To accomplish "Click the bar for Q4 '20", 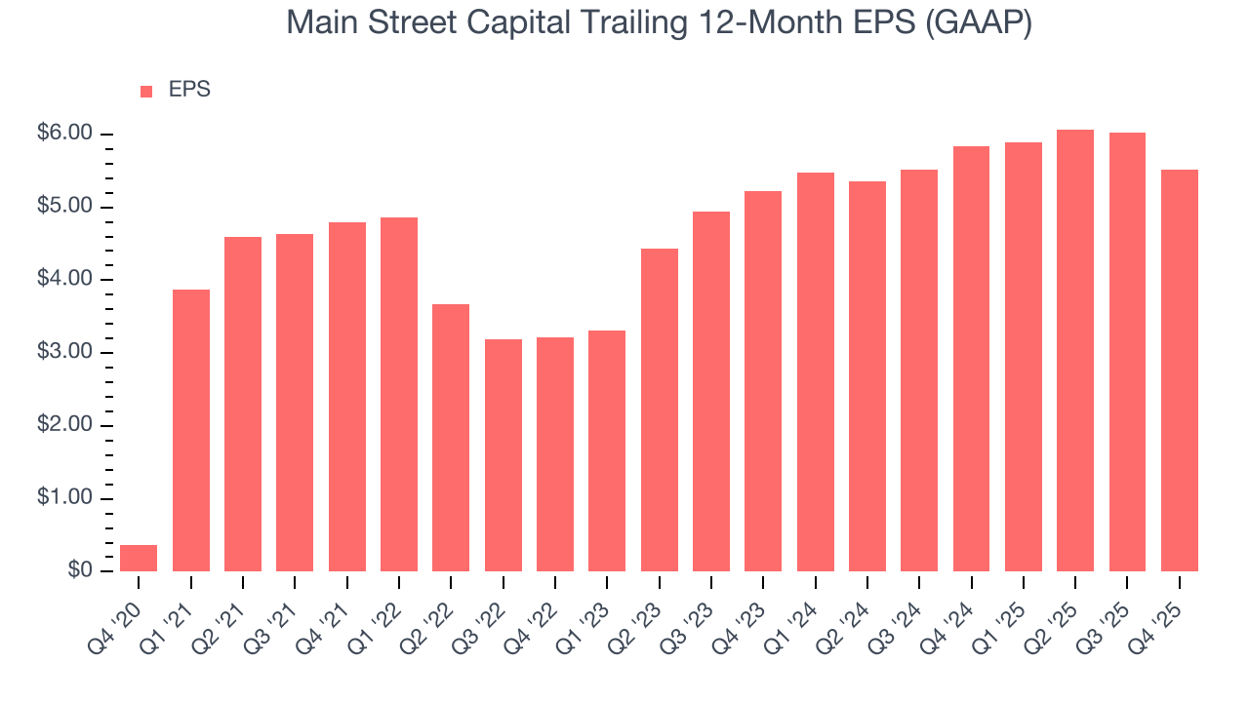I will (139, 558).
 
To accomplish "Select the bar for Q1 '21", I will (191, 430).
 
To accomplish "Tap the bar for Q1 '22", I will (399, 394).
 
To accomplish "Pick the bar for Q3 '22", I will (504, 455).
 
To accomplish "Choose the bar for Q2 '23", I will (660, 409).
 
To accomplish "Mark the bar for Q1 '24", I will (816, 371).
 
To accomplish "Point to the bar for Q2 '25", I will (1075, 350).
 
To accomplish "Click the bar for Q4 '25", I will (1180, 370).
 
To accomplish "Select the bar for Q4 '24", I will (971, 359).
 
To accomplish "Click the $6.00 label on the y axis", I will (64, 134).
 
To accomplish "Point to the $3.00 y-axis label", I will (64, 353).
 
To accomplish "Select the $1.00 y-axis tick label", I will (64, 498).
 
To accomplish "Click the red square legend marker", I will (146, 92).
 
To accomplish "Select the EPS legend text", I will (189, 91).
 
